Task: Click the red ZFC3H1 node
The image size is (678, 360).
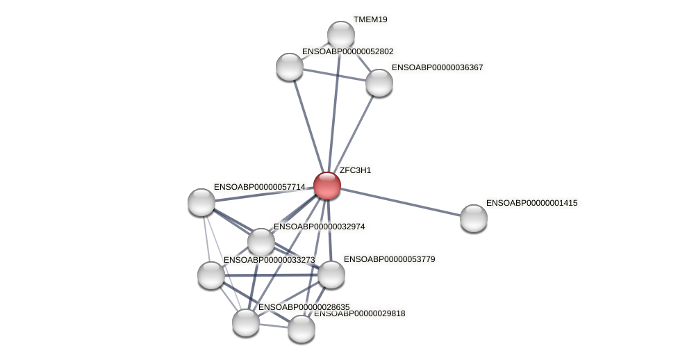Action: coord(326,186)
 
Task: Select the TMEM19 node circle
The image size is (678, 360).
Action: coord(340,35)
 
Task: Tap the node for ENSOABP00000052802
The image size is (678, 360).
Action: coord(289,67)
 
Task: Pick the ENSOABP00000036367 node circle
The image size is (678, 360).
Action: coord(379,83)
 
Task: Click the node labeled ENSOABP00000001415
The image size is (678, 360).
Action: coord(473,218)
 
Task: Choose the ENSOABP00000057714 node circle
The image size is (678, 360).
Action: coord(201,202)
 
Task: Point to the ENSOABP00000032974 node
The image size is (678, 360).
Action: coord(261,242)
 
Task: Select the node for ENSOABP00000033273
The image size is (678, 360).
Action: coord(211,275)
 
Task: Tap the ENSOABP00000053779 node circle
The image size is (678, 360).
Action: coord(331,275)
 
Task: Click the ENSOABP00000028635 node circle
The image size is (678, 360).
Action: coord(246,322)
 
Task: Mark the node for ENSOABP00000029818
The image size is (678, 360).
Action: coord(301,329)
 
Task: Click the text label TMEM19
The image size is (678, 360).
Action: coord(370,19)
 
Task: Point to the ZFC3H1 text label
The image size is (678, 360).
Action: coord(355,170)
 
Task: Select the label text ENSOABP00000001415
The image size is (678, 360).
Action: coord(531,203)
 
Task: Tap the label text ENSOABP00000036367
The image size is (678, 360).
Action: coord(437,67)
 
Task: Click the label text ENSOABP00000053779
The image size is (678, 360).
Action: coord(389,259)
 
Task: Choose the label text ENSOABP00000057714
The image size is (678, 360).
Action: coord(259,187)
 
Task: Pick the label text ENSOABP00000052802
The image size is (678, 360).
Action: coord(347,51)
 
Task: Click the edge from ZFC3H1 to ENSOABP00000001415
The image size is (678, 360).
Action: coord(400,202)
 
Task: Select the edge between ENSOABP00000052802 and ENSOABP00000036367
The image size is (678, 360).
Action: coord(333,74)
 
